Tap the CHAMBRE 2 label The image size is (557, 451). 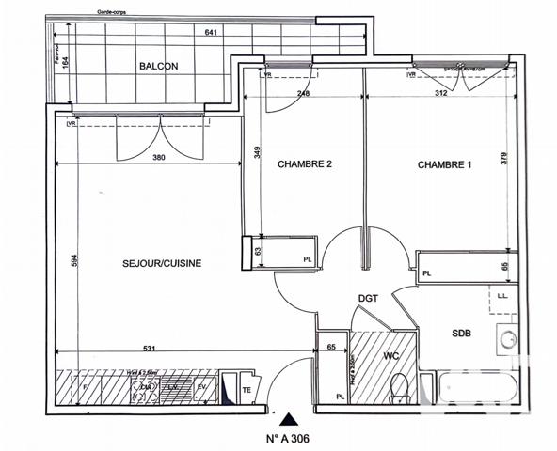click(x=305, y=164)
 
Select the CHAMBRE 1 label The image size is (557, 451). click(x=444, y=164)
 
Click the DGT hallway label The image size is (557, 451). click(x=368, y=299)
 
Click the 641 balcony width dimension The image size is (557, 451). click(x=213, y=34)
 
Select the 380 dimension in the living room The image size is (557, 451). click(x=159, y=158)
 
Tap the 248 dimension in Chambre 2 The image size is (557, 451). click(x=303, y=92)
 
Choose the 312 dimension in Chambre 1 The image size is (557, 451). click(x=440, y=92)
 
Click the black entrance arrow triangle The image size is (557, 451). click(x=293, y=420)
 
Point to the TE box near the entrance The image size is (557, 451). click(x=247, y=389)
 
